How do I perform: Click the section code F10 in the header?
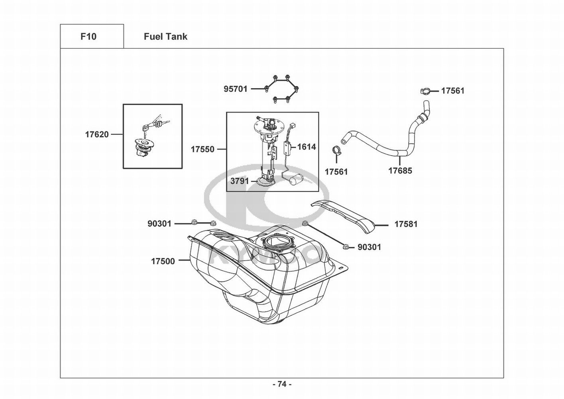tap(88, 37)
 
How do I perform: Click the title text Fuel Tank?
tap(165, 37)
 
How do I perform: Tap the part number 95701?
tap(236, 89)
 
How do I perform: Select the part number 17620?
tap(97, 134)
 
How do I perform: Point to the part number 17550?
tap(202, 149)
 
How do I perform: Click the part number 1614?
tap(307, 147)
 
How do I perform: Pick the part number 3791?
tap(240, 181)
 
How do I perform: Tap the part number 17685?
tap(400, 171)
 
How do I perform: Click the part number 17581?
tap(406, 224)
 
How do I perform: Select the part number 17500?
tap(163, 261)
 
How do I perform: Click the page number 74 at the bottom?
tap(282, 384)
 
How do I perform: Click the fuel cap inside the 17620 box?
tap(143, 148)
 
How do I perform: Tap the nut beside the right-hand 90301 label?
tap(346, 247)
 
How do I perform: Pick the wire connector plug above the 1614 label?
tap(293, 126)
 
